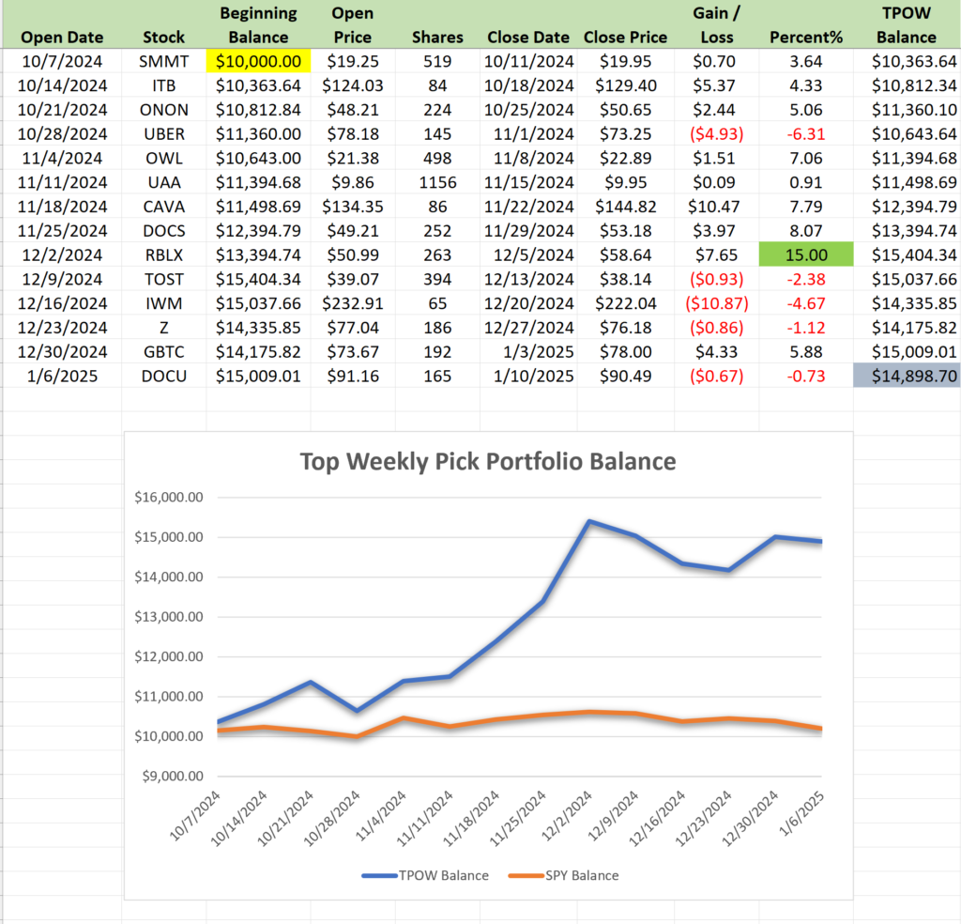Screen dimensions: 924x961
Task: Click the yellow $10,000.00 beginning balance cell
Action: [257, 62]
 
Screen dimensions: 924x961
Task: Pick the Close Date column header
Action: [528, 38]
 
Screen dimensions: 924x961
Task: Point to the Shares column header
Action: [437, 38]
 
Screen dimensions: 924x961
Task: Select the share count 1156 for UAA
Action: [437, 183]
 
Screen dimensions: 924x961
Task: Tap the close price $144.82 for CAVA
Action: [625, 207]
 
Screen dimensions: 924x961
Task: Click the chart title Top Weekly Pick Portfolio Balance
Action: [487, 461]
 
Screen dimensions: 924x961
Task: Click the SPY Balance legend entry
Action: [563, 875]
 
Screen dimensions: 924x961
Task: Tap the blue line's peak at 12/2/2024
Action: [587, 521]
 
